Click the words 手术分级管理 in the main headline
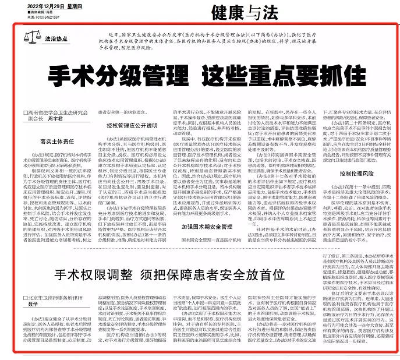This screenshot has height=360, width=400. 109,75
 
